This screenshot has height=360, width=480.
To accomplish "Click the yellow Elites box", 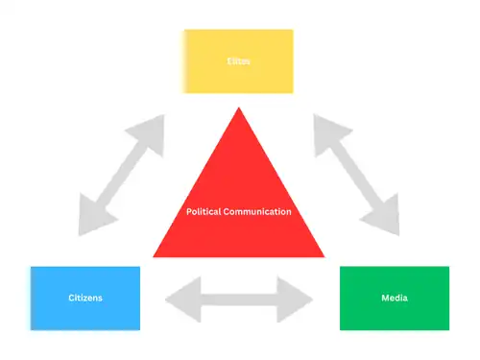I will (x=238, y=60).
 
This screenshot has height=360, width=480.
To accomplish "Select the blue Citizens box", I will (x=84, y=298).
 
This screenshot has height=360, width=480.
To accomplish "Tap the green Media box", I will (x=395, y=298).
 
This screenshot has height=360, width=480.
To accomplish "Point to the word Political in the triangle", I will (x=207, y=211).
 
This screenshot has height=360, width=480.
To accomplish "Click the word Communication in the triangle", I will (x=259, y=211).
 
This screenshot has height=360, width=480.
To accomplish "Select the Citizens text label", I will (x=84, y=298).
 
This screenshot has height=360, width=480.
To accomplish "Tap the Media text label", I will (x=395, y=298).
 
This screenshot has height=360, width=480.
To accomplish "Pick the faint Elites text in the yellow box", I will (x=238, y=60).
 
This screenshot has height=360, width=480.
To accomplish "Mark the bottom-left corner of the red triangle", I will (x=155, y=256).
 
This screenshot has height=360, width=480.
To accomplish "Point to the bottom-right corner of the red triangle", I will (x=324, y=256).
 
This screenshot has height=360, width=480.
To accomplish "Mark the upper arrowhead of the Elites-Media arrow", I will (x=327, y=130).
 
